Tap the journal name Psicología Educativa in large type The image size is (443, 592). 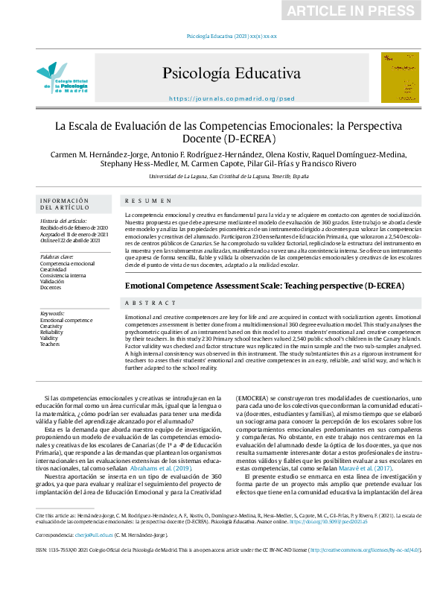[x=232, y=75]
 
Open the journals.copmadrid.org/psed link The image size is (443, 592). [x=232, y=98]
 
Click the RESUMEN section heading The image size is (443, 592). [x=142, y=201]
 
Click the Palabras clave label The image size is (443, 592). [x=57, y=256]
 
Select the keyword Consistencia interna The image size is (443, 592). [x=63, y=274]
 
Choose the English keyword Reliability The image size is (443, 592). [x=51, y=333]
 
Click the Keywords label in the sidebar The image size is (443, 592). [x=53, y=314]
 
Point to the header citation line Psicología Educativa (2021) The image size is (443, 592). [x=231, y=36]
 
